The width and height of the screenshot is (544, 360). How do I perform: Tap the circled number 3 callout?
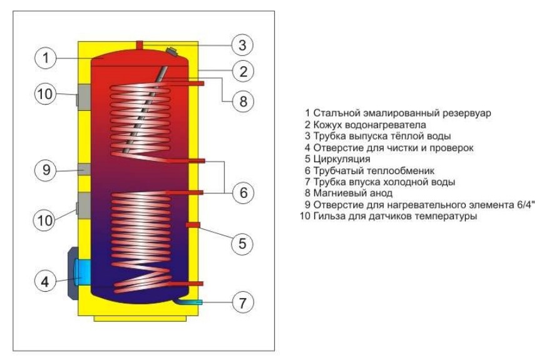point(242,44)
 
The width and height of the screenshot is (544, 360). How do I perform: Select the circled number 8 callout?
point(242,100)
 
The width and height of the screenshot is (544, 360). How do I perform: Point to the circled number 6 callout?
point(242,193)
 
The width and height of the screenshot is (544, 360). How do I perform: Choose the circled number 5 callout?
point(242,242)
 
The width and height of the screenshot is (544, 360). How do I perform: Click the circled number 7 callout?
point(242,302)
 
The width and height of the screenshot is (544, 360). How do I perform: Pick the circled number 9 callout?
point(44,170)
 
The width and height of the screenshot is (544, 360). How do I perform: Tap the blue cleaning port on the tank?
point(81,270)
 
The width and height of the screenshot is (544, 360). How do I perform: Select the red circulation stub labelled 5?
point(193,224)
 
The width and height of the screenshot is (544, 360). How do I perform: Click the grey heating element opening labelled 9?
point(83,169)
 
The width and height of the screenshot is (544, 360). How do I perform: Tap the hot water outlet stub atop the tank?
point(140,44)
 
